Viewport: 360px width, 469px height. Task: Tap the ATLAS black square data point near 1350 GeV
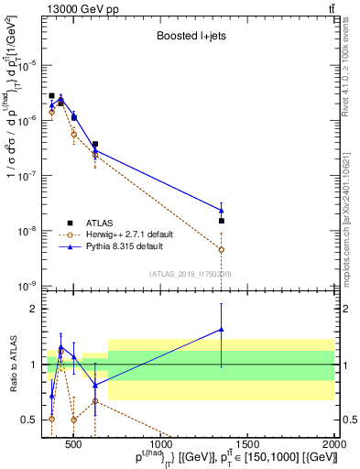[221, 221]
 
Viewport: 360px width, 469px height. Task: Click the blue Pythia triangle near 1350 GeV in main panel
[221, 211]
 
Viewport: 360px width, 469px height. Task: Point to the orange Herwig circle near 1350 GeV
[221, 249]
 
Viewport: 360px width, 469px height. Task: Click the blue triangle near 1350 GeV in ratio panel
[221, 330]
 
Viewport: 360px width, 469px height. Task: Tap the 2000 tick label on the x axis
[334, 444]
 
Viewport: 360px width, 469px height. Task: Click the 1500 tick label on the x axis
[247, 444]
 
